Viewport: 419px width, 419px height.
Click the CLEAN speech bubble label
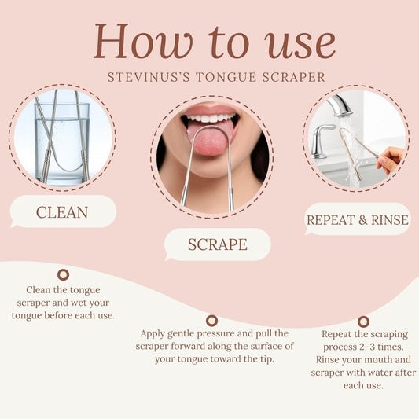pyautogui.click(x=62, y=212)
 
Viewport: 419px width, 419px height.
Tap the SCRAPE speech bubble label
pyautogui.click(x=217, y=244)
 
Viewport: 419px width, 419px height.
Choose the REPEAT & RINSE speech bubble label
pyautogui.click(x=358, y=219)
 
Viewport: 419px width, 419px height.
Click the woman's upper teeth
pyautogui.click(x=209, y=118)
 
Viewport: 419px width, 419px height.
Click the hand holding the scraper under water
pyautogui.click(x=391, y=160)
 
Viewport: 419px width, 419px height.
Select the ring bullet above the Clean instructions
pyautogui.click(x=63, y=274)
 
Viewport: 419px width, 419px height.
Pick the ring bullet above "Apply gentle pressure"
pyautogui.click(x=211, y=320)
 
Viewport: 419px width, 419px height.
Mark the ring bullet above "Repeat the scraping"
pyautogui.click(x=363, y=321)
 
